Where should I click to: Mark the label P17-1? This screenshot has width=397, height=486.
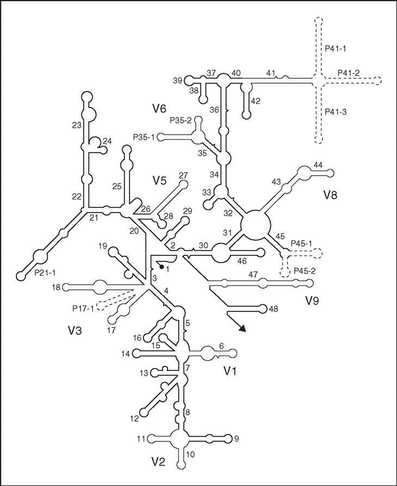tap(83, 308)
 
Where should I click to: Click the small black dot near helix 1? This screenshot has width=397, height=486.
tap(162, 267)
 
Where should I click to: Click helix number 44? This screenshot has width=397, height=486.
tap(318, 165)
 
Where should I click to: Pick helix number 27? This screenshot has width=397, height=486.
tap(183, 175)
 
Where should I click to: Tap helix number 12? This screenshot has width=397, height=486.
tap(134, 419)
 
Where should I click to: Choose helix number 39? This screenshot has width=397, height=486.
tap(178, 80)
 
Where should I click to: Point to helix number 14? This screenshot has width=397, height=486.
tap(125, 354)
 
